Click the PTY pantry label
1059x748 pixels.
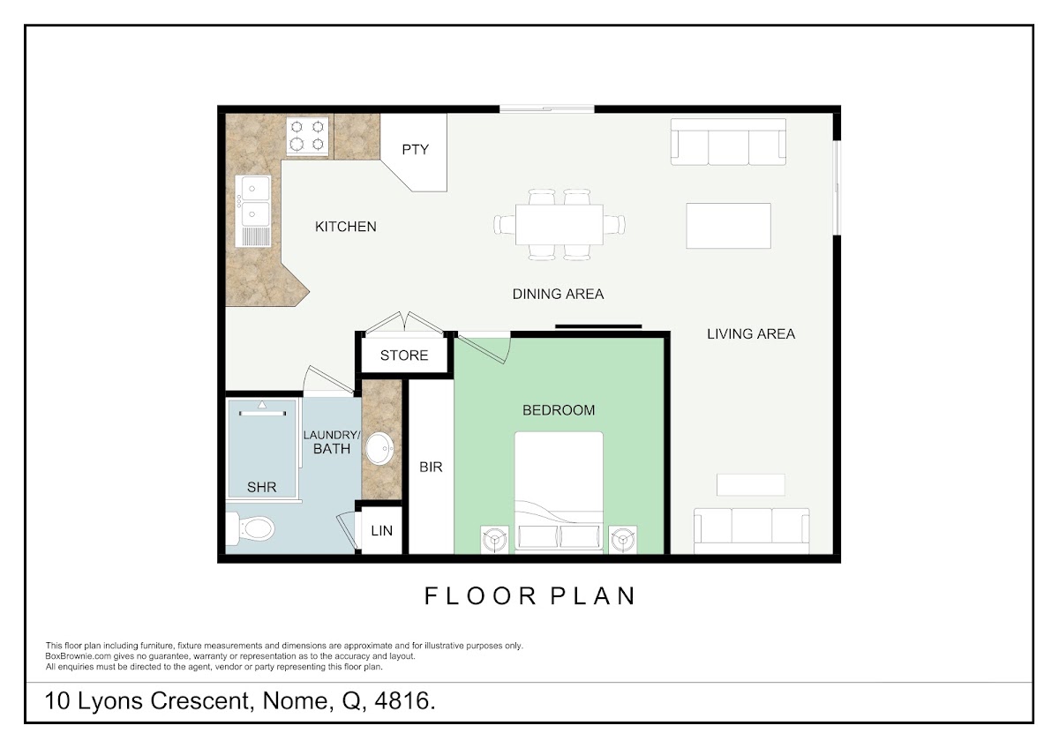(415, 150)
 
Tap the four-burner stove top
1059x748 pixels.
(307, 136)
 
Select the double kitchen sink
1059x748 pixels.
(253, 211)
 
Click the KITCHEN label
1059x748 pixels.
(346, 227)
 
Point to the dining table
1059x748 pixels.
(560, 224)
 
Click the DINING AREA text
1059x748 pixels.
(558, 294)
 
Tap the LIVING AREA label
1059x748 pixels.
(751, 334)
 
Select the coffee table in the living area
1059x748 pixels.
(729, 226)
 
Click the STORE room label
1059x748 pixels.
(404, 355)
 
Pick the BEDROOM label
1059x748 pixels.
(559, 410)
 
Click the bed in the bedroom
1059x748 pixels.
(559, 491)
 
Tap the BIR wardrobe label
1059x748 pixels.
(431, 467)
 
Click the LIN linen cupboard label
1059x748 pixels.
(381, 531)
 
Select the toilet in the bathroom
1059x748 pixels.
(250, 528)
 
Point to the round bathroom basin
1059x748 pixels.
(379, 448)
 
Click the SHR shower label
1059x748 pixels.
(261, 487)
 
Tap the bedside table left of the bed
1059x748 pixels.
(495, 540)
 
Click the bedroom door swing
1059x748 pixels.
(484, 348)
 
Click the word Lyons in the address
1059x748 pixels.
(110, 701)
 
